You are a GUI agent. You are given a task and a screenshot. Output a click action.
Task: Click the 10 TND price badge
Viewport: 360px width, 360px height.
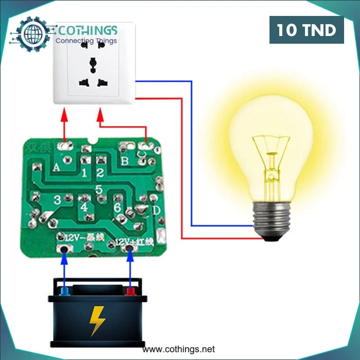click(307, 30)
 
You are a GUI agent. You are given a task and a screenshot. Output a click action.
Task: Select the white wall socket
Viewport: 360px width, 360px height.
click(94, 64)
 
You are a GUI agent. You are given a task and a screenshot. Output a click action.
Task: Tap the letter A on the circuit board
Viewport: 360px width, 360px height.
click(56, 167)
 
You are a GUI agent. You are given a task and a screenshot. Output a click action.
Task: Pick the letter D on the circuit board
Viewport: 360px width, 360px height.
click(156, 210)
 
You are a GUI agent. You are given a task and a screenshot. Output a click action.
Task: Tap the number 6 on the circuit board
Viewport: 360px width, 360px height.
click(117, 207)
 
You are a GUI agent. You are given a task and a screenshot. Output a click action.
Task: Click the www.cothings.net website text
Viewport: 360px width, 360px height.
click(179, 349)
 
